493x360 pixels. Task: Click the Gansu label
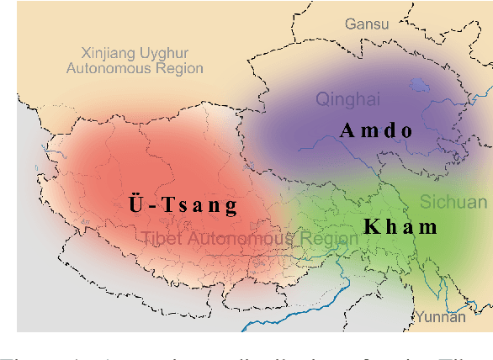[366, 24]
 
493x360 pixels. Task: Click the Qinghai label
[343, 100]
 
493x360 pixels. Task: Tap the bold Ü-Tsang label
[183, 204]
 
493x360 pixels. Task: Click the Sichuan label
[453, 202]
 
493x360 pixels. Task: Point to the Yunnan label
[438, 317]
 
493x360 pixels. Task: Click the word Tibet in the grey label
[160, 239]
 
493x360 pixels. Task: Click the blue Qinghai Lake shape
[418, 85]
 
